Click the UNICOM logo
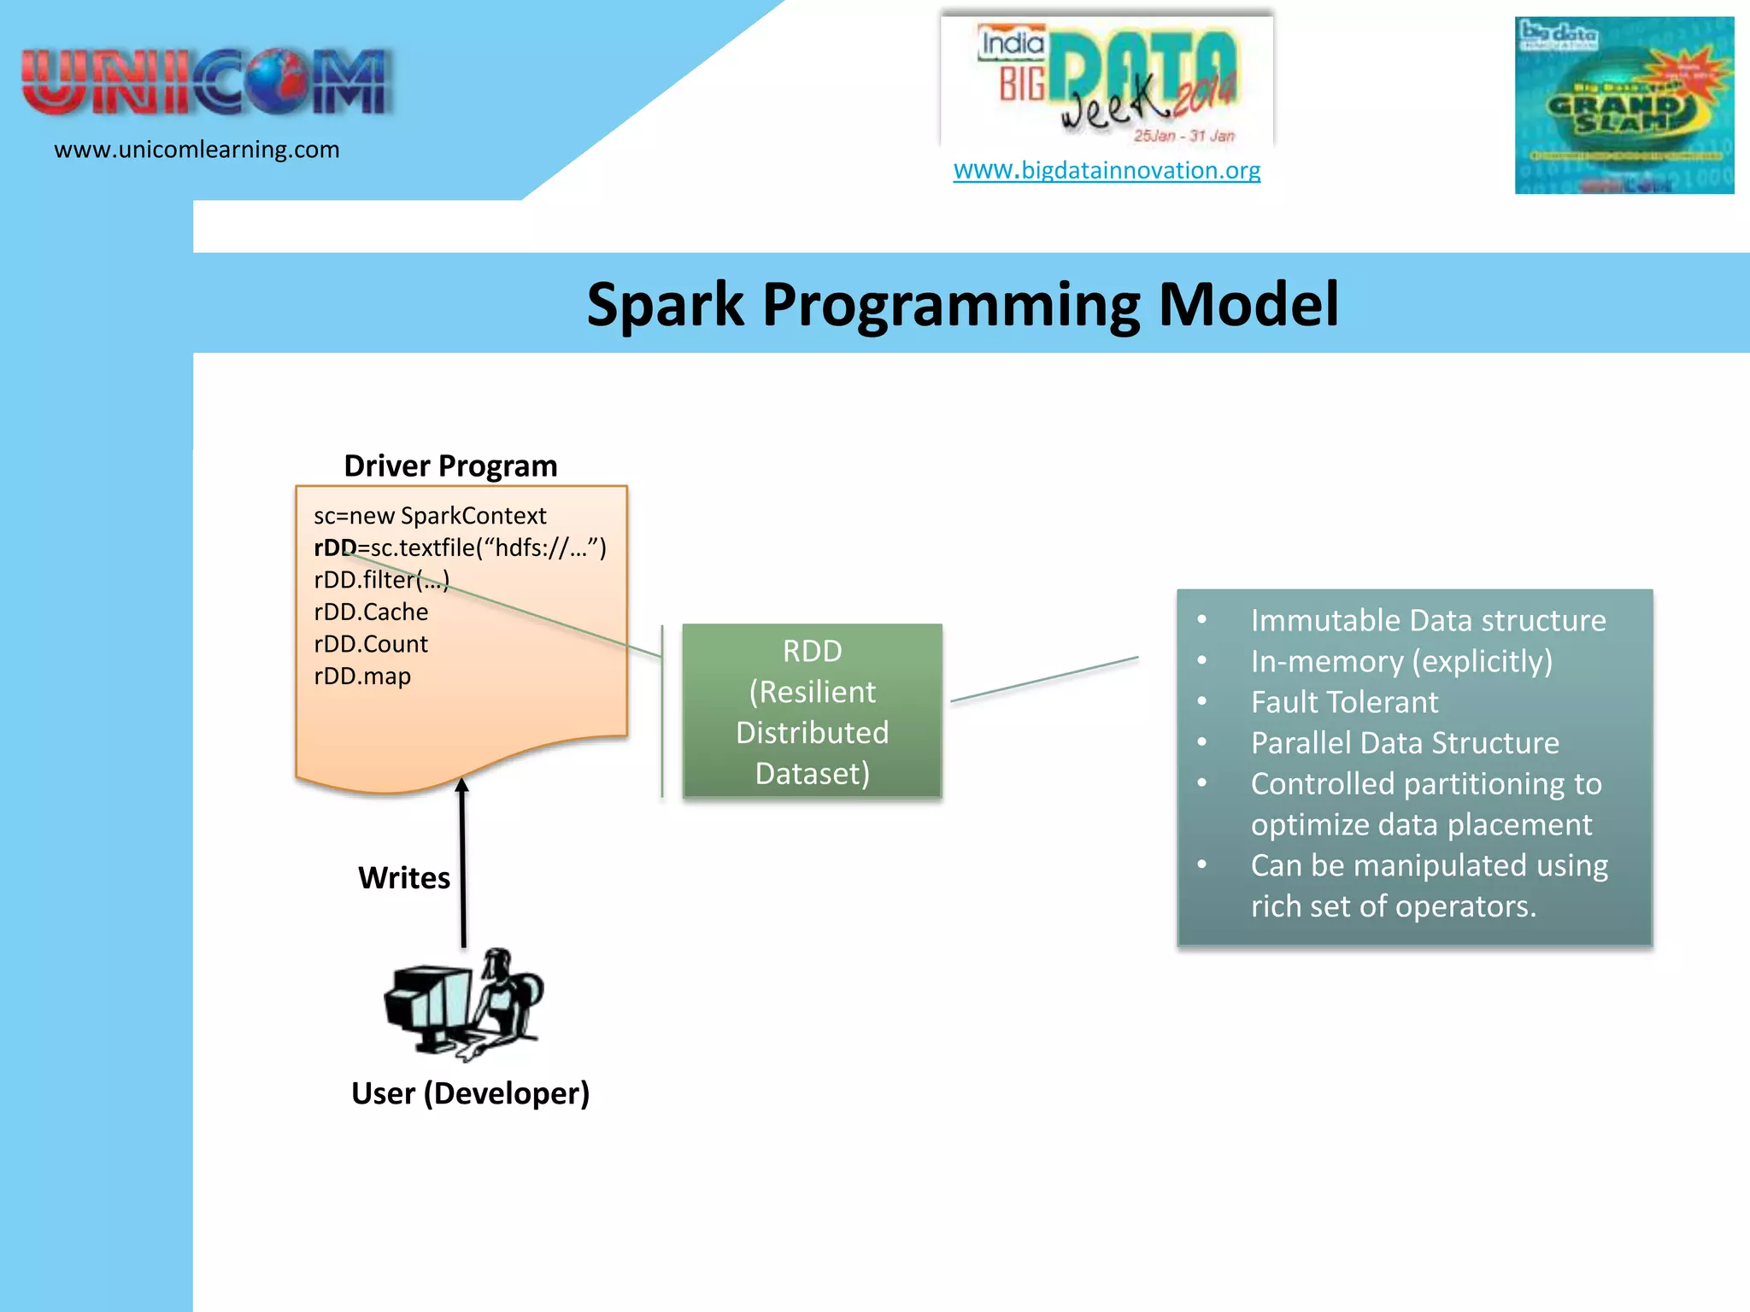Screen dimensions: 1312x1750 tap(207, 81)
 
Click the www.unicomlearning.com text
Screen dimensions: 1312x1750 tap(197, 149)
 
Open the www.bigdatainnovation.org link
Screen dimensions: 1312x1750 tap(1107, 170)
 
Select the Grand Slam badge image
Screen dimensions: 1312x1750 tap(1624, 106)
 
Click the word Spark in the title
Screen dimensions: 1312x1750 tap(665, 305)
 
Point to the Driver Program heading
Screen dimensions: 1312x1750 tap(450, 466)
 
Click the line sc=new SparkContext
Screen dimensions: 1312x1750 tap(430, 516)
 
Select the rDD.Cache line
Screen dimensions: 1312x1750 tap(371, 612)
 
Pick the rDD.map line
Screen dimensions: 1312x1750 tap(362, 676)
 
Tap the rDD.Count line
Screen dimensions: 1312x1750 tap(371, 644)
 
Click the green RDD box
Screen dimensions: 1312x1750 tap(812, 712)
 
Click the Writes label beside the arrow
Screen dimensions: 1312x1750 tap(404, 878)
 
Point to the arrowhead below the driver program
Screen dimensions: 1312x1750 tap(462, 784)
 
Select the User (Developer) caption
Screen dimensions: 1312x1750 tap(470, 1093)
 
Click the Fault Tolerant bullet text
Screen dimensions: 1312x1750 tap(1344, 702)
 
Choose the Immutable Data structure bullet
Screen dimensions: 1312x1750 tap(1428, 620)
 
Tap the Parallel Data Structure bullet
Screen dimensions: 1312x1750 tap(1405, 743)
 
